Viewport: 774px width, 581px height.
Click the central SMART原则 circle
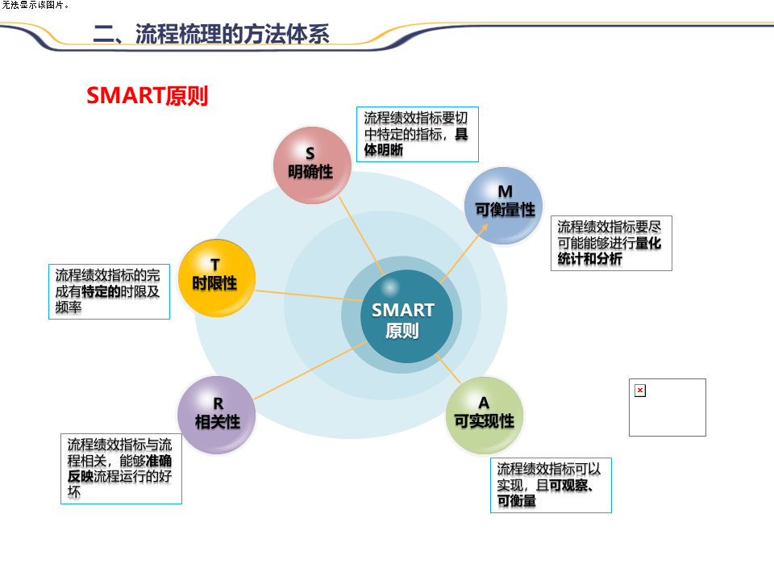click(402, 317)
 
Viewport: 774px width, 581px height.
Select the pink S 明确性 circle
click(310, 164)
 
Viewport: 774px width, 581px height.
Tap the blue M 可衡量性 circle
click(505, 203)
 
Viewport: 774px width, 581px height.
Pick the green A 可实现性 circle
click(484, 415)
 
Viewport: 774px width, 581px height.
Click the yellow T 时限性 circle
click(215, 277)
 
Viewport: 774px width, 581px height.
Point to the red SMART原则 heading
click(147, 96)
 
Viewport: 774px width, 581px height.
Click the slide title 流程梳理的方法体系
click(211, 33)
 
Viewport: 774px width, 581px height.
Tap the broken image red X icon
click(640, 391)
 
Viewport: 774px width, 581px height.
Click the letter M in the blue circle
click(505, 192)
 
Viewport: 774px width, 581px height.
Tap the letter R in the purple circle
click(218, 403)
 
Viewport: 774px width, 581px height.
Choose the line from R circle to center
click(310, 370)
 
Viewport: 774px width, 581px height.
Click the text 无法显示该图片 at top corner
click(35, 5)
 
